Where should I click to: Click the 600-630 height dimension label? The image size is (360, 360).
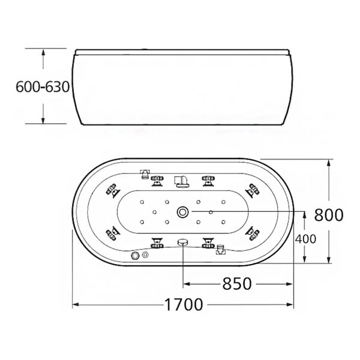pyautogui.click(x=43, y=87)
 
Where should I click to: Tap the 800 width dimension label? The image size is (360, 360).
pyautogui.click(x=329, y=215)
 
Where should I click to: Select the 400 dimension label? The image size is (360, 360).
pyautogui.click(x=305, y=239)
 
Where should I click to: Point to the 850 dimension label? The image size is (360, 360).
pyautogui.click(x=237, y=284)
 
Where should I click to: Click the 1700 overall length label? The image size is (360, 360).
pyautogui.click(x=184, y=304)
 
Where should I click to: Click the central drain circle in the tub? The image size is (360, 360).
pyautogui.click(x=183, y=212)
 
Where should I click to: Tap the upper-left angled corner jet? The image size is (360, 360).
pyautogui.click(x=113, y=190)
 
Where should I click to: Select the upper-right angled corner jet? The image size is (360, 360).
pyautogui.click(x=253, y=190)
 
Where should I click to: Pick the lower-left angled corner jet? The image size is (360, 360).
pyautogui.click(x=113, y=233)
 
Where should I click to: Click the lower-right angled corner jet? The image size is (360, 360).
pyautogui.click(x=253, y=233)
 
